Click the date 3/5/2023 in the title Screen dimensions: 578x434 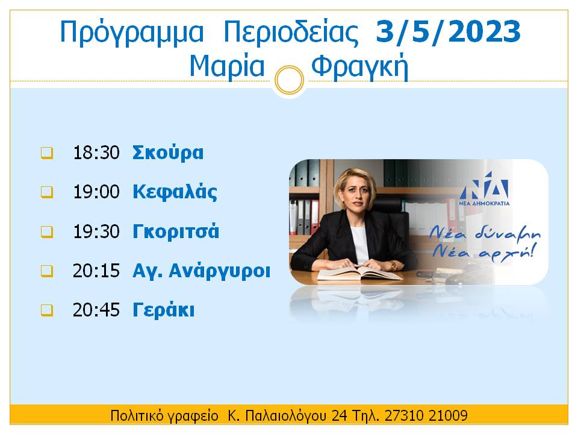(x=448, y=33)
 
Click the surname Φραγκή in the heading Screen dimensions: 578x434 (x=360, y=67)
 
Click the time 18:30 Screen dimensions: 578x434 (x=96, y=153)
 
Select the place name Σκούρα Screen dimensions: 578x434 (x=168, y=153)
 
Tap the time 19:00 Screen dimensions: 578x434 (x=96, y=192)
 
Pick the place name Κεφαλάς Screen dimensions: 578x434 (x=175, y=192)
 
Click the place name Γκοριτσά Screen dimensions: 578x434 (x=176, y=231)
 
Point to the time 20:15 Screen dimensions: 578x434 (x=96, y=271)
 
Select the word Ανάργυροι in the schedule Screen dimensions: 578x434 (x=219, y=271)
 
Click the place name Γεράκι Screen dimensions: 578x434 (x=163, y=310)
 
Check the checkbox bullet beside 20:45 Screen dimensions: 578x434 (x=47, y=310)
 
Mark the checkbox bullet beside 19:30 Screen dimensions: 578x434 (x=47, y=231)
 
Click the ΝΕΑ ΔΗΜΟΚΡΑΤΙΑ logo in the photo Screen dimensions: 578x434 (x=484, y=189)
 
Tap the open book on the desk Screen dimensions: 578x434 (x=360, y=274)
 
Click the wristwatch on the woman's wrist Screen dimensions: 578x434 (x=394, y=265)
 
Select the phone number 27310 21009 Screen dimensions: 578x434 (x=426, y=415)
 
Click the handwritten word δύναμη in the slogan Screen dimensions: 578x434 (x=508, y=234)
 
